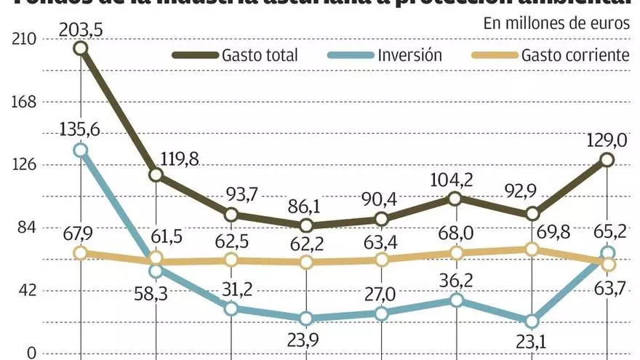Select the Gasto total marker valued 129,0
click(607, 160)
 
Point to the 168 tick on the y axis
click(24, 103)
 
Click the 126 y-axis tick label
click(24, 165)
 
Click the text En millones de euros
click(556, 23)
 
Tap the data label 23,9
click(307, 341)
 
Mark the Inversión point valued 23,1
click(532, 321)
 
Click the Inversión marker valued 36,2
click(456, 300)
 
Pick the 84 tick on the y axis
click(27, 228)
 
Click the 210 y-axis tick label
click(24, 40)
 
